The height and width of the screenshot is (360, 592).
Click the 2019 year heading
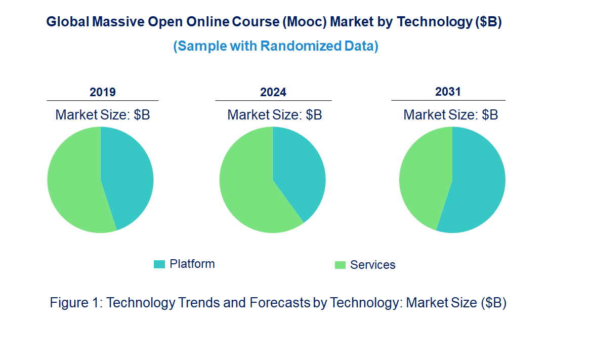[103, 92]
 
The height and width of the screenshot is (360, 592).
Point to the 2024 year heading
[273, 92]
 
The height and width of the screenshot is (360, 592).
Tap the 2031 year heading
[448, 92]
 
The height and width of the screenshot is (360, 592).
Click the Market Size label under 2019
[103, 115]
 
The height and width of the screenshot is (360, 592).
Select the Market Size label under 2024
[275, 115]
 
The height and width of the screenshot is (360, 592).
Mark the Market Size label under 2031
[450, 115]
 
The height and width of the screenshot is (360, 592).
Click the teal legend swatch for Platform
[159, 264]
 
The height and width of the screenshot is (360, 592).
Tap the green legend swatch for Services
[340, 265]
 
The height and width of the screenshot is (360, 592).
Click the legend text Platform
[192, 264]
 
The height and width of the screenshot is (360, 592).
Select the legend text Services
[373, 265]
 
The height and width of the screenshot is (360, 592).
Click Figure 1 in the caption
[76, 303]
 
